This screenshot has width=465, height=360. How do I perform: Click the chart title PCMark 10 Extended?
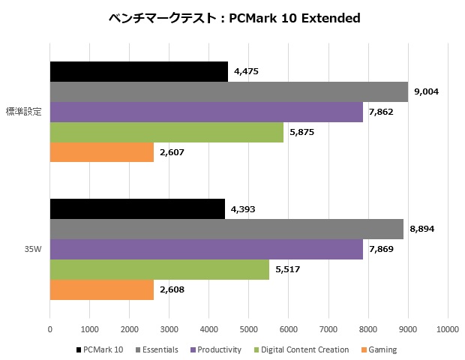coord(232,17)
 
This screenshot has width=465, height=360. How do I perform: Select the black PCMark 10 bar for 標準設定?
coord(139,71)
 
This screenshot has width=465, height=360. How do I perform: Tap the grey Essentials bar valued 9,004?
coord(229,91)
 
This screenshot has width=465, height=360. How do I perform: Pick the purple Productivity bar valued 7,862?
coord(206,112)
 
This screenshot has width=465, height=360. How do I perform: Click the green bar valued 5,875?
coord(166,132)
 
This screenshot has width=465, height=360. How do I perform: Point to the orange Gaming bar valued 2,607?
coord(102,152)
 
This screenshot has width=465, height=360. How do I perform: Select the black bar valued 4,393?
coord(137,208)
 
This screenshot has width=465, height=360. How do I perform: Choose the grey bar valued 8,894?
coord(226,229)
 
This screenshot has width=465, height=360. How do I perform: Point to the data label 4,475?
coord(249,72)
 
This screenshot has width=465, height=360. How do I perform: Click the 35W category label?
coord(32,249)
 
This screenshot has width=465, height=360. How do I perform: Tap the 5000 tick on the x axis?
coord(249,328)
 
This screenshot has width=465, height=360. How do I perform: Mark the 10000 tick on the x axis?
coord(448,328)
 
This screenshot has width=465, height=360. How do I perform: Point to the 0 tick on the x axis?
coord(50,328)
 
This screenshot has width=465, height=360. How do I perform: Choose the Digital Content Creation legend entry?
coord(301,349)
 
